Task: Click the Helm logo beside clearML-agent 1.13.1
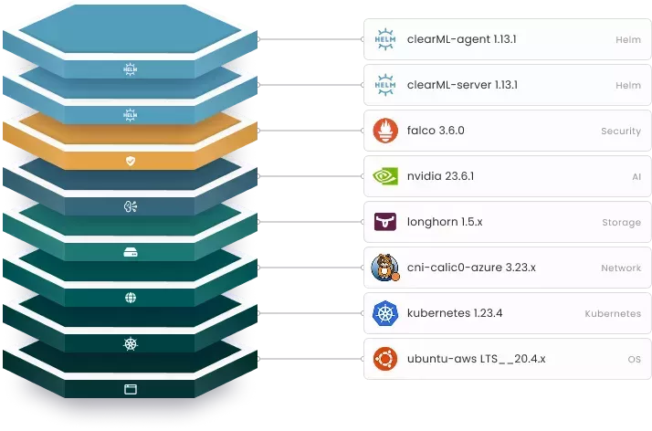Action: tap(384, 38)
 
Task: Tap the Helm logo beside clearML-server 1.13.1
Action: tap(384, 85)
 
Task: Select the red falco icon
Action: tap(384, 131)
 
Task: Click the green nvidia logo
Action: tap(384, 176)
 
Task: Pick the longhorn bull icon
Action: tap(384, 222)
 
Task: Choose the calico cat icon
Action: tap(384, 268)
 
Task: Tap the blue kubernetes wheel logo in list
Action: tap(384, 313)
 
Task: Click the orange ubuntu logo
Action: tap(384, 359)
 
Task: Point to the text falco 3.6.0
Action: tap(436, 131)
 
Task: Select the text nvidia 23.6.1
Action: tap(440, 176)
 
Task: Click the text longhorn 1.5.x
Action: tap(445, 222)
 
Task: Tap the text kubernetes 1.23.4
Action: tap(455, 313)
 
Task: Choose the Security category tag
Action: tap(620, 131)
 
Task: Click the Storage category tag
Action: tap(621, 223)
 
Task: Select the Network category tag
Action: tap(620, 268)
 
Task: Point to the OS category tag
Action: tap(634, 360)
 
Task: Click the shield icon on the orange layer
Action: tap(130, 161)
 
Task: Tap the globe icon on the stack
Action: tap(130, 298)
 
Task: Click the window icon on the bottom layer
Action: tap(130, 389)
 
